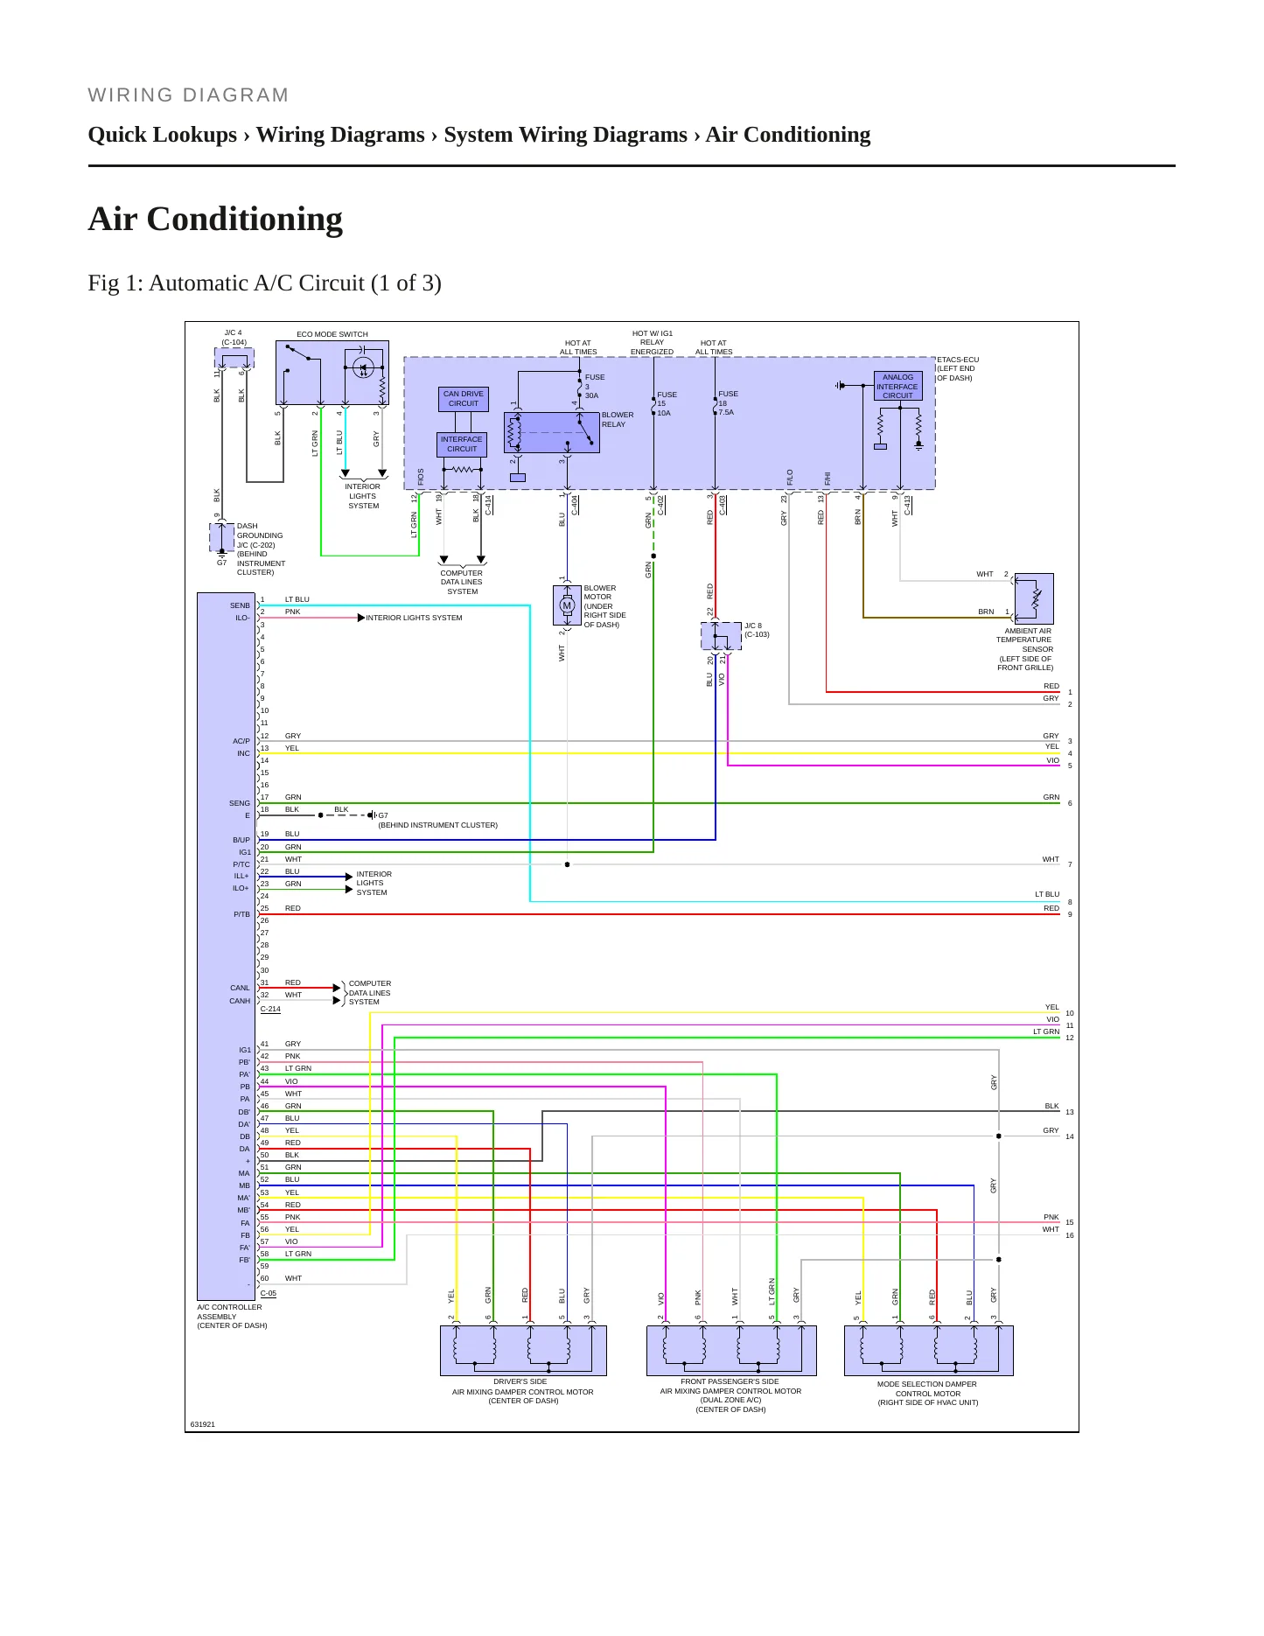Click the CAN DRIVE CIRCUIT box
pos(464,399)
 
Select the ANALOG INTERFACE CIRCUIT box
pos(897,386)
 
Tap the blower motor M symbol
pos(567,605)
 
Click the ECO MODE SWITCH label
pos(332,334)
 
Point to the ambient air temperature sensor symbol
pos(1033,598)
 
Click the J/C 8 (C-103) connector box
pos(721,636)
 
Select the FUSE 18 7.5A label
pos(728,402)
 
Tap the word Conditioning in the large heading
pos(244,219)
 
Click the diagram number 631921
pos(203,1424)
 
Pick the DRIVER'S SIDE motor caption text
pos(522,1391)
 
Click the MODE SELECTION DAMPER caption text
pos(927,1393)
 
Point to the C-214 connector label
pos(270,1009)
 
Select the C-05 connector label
pos(269,1293)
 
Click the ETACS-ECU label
pos(958,360)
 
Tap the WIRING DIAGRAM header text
pos(188,95)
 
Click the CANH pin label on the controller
pos(240,1001)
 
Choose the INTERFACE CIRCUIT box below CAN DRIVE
pos(462,444)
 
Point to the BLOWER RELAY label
pos(618,420)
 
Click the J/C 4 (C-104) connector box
pos(234,358)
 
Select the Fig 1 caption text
pos(264,283)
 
